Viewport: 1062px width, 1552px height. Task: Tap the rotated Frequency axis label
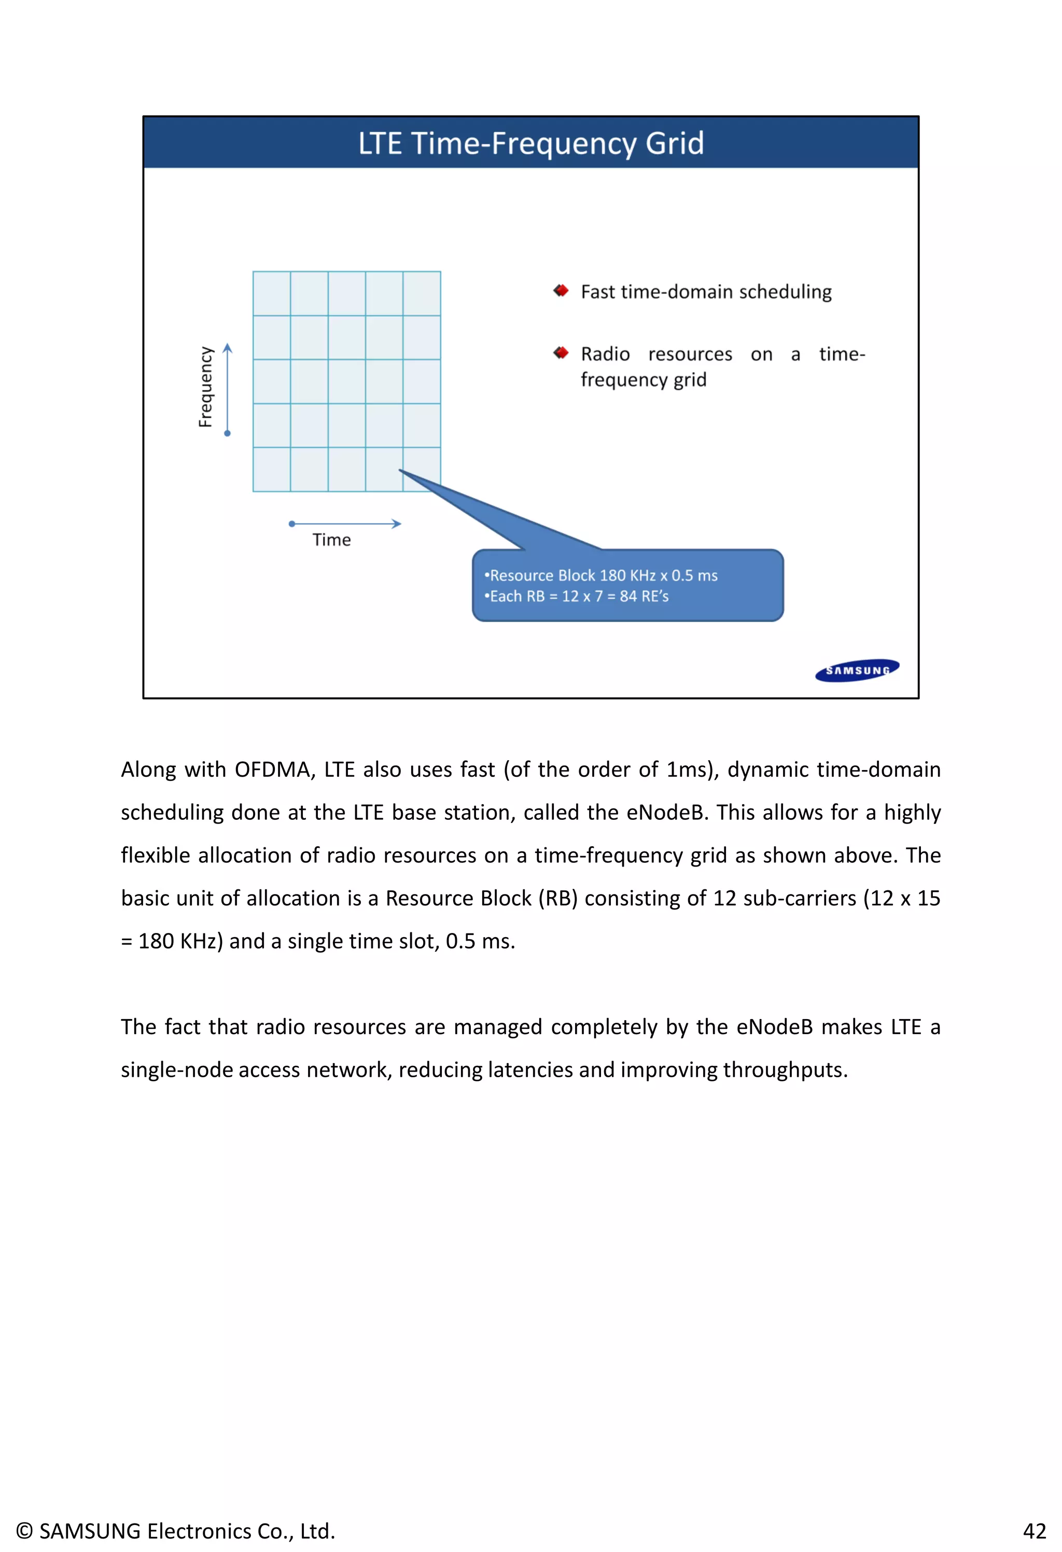click(205, 387)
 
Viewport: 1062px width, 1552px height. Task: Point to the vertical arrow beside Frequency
click(228, 389)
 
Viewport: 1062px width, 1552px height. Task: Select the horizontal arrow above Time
click(345, 524)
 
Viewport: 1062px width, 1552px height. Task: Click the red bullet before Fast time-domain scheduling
click(561, 291)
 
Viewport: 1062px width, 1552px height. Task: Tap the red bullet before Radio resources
click(561, 353)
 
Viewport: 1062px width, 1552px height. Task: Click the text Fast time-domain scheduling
click(706, 292)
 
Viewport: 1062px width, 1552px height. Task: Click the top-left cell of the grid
click(272, 293)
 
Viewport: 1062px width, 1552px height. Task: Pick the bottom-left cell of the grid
click(272, 470)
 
